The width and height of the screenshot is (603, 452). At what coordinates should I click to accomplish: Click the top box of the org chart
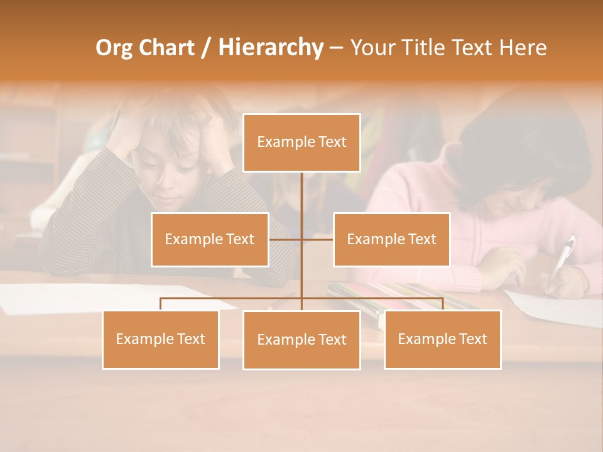point(301,143)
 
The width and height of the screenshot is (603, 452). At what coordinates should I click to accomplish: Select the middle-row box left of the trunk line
point(210,239)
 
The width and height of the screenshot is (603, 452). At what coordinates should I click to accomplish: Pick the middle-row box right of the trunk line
point(391,239)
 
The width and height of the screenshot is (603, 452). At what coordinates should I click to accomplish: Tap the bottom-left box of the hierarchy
point(160,339)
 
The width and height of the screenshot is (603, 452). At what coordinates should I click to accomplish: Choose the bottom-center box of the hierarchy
point(301,340)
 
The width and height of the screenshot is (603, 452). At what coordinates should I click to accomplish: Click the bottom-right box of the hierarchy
point(442,339)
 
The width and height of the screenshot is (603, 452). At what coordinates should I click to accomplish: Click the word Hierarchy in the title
point(270,47)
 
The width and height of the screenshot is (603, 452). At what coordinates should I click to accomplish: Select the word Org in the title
point(114,48)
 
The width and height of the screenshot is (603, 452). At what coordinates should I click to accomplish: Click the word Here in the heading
point(523,47)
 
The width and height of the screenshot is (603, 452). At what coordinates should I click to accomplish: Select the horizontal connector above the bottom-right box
point(402,298)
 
